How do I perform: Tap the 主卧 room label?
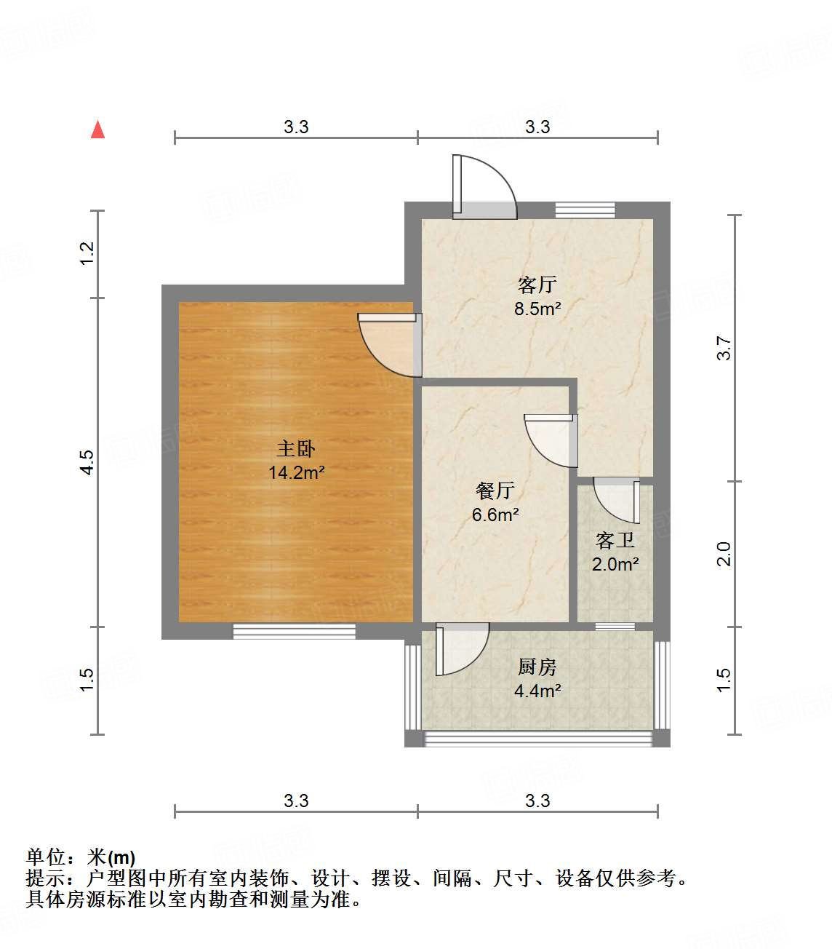coord(295,448)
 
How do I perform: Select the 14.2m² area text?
coord(295,473)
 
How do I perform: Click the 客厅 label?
coord(537,284)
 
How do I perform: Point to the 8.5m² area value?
coord(537,309)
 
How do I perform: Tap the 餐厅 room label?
coord(495,491)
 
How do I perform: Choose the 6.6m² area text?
coord(495,515)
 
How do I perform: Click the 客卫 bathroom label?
coord(615,540)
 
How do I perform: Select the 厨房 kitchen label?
coord(537,667)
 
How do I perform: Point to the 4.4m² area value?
coord(537,691)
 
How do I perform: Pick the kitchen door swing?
coord(460,649)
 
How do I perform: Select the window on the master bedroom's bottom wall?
coord(294,631)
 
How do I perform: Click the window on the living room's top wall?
coord(585,210)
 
